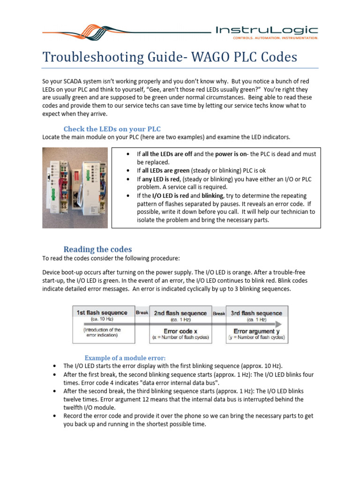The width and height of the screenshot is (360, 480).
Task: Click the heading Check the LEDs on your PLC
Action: click(x=112, y=129)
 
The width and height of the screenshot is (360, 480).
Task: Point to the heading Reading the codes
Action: click(x=97, y=249)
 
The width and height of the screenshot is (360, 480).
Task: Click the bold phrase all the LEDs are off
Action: click(x=164, y=154)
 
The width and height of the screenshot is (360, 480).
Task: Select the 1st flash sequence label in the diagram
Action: click(x=102, y=313)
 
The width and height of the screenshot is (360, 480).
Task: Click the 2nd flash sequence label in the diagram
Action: click(x=180, y=313)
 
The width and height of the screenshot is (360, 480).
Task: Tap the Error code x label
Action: click(x=180, y=331)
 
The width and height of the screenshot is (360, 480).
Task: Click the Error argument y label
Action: click(x=257, y=331)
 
